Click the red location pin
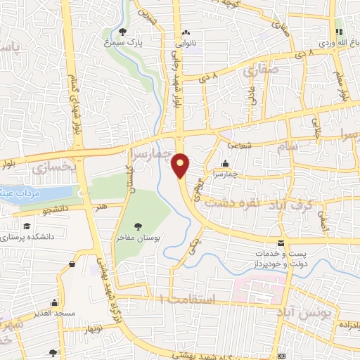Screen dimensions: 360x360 pyautogui.click(x=181, y=165)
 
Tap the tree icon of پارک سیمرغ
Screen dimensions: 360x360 pyautogui.click(x=124, y=32)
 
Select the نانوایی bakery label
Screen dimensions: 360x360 pyautogui.click(x=186, y=41)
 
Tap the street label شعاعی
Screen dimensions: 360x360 pyautogui.click(x=239, y=141)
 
